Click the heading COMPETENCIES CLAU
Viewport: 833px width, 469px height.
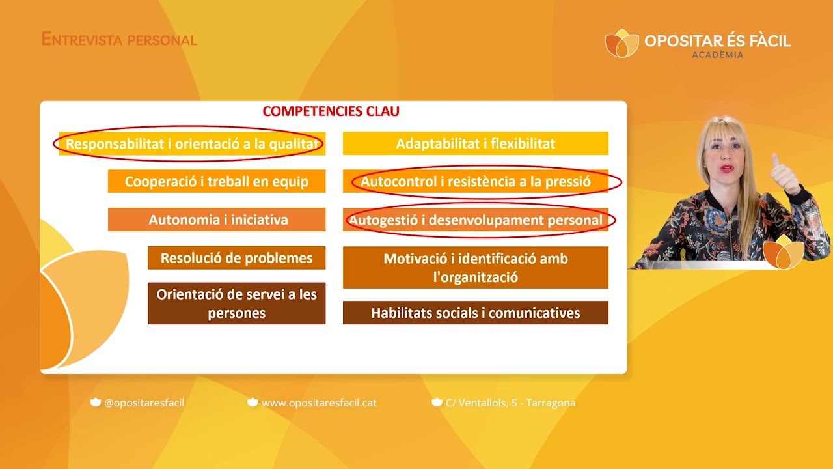tap(331, 111)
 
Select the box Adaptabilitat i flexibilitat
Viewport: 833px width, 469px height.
tap(476, 143)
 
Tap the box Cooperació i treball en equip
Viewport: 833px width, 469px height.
tap(217, 181)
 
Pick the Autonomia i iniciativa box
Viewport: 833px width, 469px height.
tap(217, 220)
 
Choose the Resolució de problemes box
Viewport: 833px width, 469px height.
tap(236, 257)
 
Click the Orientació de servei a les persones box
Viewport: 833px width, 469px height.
tap(236, 304)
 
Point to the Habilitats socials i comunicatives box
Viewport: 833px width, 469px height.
tap(476, 313)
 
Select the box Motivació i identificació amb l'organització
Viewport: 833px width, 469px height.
tap(476, 267)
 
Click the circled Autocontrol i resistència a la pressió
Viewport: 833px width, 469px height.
tap(476, 181)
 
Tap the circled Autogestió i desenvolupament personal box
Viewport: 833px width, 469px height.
tap(476, 220)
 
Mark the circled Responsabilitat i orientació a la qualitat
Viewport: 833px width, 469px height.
tap(192, 143)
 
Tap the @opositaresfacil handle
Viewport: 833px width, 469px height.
tap(144, 403)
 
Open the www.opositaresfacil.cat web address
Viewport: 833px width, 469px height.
tap(319, 403)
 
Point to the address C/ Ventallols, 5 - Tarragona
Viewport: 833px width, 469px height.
tap(511, 403)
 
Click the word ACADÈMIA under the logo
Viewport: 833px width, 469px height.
tap(718, 55)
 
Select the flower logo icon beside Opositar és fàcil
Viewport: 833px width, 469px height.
tap(621, 43)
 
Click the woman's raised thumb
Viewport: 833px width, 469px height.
tap(776, 161)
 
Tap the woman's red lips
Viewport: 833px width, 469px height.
tap(727, 169)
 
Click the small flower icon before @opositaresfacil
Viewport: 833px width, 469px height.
tap(96, 403)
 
